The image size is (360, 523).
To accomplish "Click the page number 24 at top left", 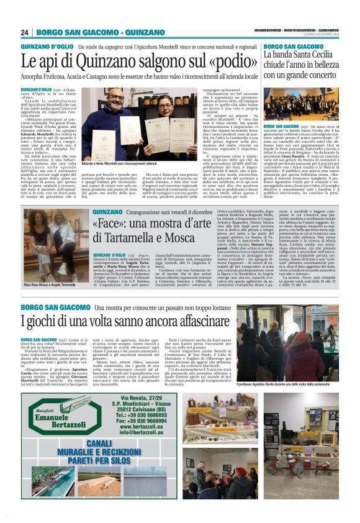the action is pos(25,33).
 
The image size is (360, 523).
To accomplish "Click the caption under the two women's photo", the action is pos(50,284).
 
